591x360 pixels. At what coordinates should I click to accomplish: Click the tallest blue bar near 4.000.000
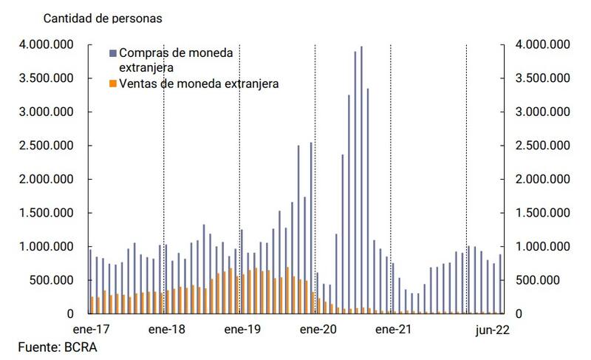click(x=361, y=177)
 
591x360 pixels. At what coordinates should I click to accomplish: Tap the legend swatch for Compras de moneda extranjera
click(x=112, y=54)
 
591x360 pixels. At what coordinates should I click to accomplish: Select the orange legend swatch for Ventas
click(x=112, y=84)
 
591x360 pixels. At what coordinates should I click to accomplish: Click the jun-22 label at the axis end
click(x=491, y=329)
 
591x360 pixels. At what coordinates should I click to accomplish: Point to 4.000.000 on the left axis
click(x=45, y=45)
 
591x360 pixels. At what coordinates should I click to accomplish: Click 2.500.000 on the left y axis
click(x=45, y=146)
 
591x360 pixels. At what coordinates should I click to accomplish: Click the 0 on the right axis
click(x=519, y=314)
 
